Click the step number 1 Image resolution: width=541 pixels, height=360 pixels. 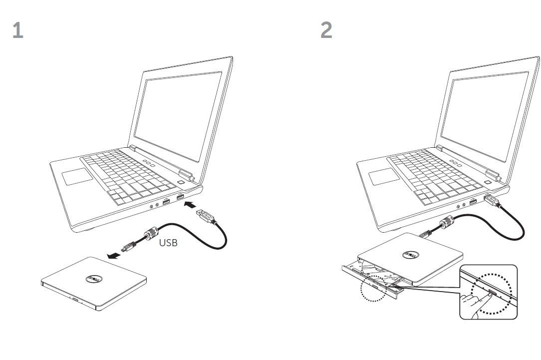click(17, 30)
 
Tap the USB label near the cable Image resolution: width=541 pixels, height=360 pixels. click(168, 243)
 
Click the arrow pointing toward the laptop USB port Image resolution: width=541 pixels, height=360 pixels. click(190, 205)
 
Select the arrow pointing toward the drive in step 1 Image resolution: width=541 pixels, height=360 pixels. click(113, 256)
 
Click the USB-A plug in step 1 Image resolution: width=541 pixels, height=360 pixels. click(205, 215)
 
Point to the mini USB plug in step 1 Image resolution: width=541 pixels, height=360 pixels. click(128, 246)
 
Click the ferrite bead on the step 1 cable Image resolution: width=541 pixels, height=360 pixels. click(151, 233)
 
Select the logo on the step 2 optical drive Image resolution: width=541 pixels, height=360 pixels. click(411, 255)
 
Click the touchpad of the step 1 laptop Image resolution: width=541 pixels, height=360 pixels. click(78, 176)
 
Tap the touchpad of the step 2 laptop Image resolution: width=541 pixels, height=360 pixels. click(384, 176)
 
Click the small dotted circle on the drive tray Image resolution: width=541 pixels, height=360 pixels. click(374, 288)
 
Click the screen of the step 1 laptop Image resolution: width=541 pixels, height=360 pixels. click(178, 115)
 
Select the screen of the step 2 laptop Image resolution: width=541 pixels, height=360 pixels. click(485, 115)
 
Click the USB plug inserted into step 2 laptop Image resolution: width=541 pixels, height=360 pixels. click(492, 200)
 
